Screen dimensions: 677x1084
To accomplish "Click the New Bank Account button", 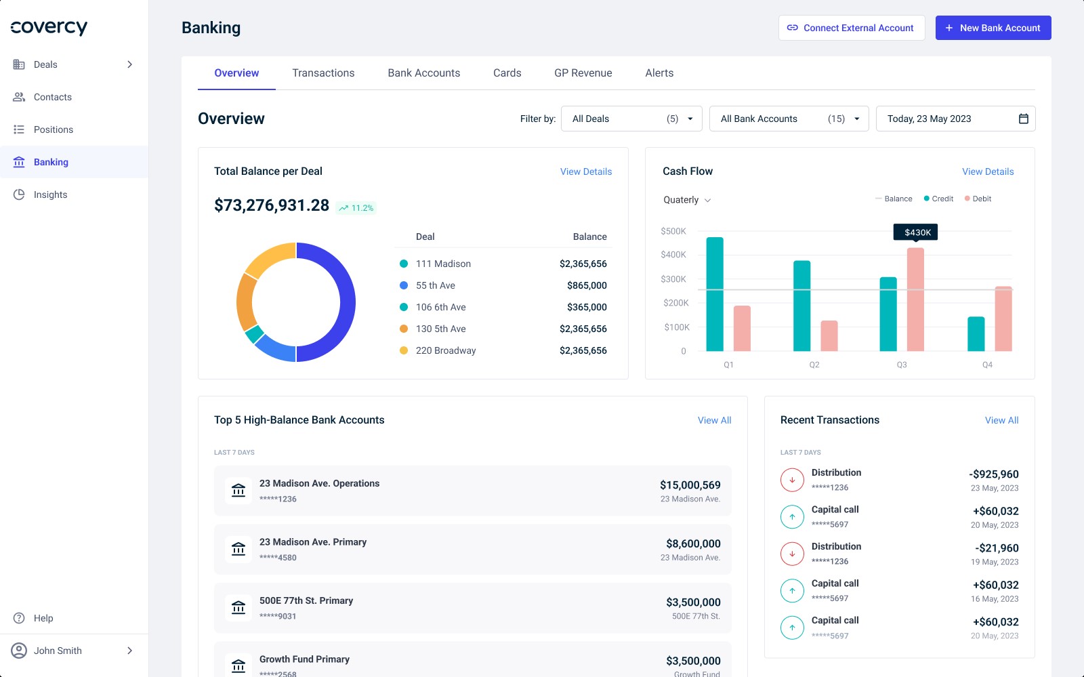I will coord(993,28).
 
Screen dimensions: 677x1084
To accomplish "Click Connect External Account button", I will coord(851,28).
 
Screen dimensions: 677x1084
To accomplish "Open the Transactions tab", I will coord(323,73).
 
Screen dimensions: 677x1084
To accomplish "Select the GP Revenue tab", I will coord(583,73).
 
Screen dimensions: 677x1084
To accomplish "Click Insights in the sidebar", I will coord(50,194).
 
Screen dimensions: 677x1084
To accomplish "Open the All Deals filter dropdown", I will coord(631,119).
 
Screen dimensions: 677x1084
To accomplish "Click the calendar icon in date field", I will coord(1023,119).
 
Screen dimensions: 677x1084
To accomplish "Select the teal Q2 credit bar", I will coord(801,306).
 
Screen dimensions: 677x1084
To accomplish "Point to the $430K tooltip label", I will coord(916,232).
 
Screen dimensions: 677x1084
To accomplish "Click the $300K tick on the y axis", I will coord(673,279).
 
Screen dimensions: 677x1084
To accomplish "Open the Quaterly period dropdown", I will coord(687,200).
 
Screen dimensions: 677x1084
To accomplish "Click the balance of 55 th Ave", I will coord(587,285).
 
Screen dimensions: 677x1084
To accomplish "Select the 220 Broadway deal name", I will coord(445,350).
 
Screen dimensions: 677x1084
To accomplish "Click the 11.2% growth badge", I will coord(356,208).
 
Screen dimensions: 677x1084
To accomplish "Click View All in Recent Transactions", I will coord(1001,420).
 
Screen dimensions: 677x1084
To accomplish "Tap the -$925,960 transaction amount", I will coord(994,474).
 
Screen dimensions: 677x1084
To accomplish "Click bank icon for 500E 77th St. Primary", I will coord(238,607).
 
